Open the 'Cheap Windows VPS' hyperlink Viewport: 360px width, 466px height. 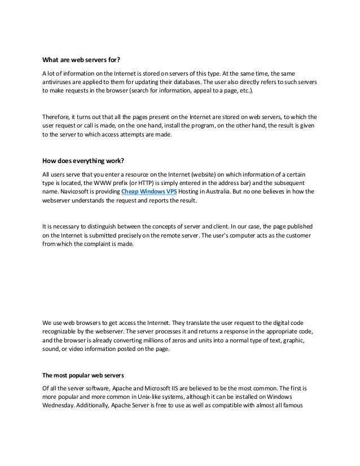pyautogui.click(x=146, y=192)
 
